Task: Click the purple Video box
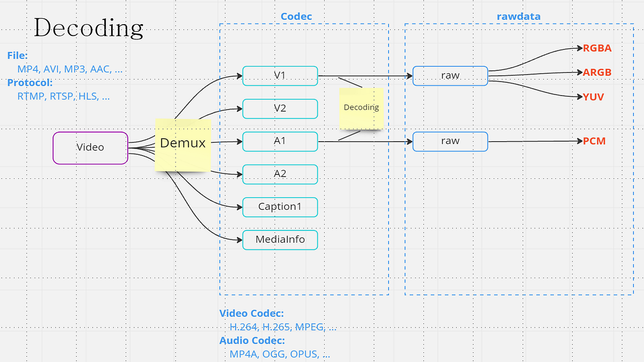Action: point(90,148)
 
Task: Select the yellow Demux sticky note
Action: point(182,144)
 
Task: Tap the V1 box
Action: point(280,76)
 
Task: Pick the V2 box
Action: point(280,108)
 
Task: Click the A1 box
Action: point(280,142)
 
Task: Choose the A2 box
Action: point(280,174)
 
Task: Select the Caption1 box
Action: point(280,207)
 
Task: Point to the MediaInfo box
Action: point(280,240)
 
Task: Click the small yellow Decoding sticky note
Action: point(361,108)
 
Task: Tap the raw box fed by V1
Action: point(450,76)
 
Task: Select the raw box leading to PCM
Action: point(450,142)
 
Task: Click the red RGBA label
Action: point(597,48)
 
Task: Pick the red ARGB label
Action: point(597,73)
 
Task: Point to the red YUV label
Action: point(594,97)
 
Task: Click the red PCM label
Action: point(594,141)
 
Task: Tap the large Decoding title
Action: point(89,27)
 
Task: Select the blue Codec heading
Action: point(296,17)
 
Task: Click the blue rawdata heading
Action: point(518,17)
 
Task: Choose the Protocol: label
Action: point(30,83)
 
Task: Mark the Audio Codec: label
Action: point(252,341)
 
